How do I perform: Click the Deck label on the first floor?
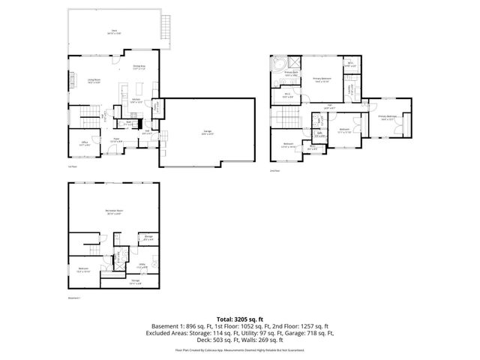click(113, 31)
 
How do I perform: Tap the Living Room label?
click(93, 81)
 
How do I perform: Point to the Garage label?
click(207, 132)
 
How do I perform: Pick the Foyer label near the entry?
click(117, 139)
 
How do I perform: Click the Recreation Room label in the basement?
click(113, 212)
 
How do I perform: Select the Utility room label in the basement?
click(142, 265)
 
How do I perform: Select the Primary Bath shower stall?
click(295, 62)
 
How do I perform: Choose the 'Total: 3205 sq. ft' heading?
click(240, 319)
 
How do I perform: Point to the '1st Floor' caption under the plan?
click(72, 166)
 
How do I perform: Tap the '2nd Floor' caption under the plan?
click(274, 171)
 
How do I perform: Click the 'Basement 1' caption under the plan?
click(73, 298)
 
